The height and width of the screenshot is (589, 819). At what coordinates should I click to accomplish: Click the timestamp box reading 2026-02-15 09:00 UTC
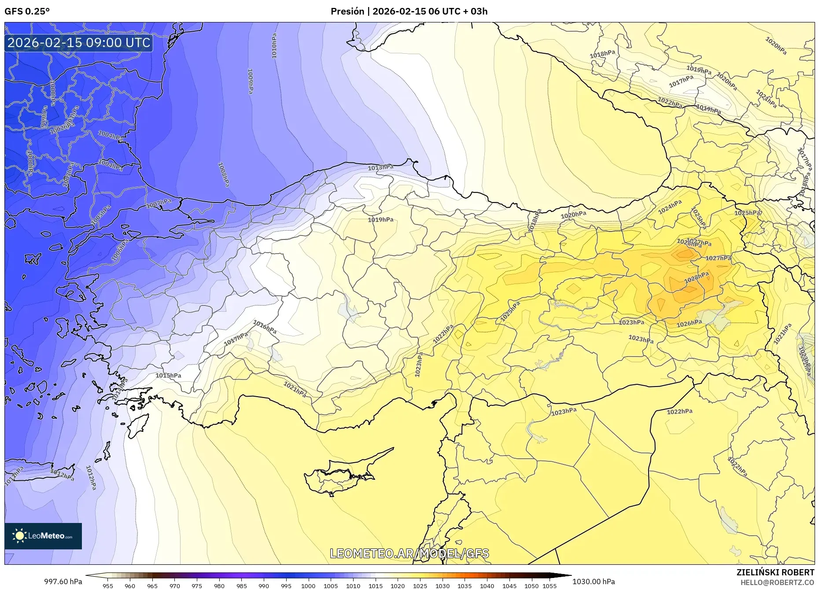tap(79, 43)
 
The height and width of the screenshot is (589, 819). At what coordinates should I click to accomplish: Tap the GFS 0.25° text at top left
tap(27, 11)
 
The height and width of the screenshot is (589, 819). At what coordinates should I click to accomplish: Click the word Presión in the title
tap(347, 11)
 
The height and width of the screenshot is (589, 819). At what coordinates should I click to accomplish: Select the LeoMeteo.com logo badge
tap(43, 536)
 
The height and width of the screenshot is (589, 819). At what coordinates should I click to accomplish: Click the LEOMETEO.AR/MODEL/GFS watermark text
tap(409, 553)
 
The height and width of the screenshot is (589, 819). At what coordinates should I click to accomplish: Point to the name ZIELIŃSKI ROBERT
tap(775, 572)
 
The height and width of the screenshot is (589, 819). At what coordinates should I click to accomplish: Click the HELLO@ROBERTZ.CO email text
tap(777, 582)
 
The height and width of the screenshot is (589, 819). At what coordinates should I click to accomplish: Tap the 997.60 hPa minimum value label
tap(63, 582)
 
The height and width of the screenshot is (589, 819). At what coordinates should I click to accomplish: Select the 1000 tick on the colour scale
tap(308, 586)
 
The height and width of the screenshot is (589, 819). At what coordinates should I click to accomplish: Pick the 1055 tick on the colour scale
tap(550, 586)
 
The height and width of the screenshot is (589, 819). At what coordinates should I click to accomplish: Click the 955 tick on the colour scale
tap(107, 586)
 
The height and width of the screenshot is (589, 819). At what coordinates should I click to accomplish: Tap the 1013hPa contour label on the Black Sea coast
tap(380, 168)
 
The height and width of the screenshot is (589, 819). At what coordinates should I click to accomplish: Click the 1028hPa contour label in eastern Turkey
tap(696, 277)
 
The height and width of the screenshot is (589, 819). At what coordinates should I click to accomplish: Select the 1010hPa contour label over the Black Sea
tap(274, 46)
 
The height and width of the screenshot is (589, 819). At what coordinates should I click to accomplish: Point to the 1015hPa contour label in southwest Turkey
tap(168, 375)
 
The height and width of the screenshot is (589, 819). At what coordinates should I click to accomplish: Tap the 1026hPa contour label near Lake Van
tap(689, 324)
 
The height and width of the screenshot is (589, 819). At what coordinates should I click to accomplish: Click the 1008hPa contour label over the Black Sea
tap(224, 174)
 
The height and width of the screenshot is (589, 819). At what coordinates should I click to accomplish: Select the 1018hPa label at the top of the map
tap(602, 54)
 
